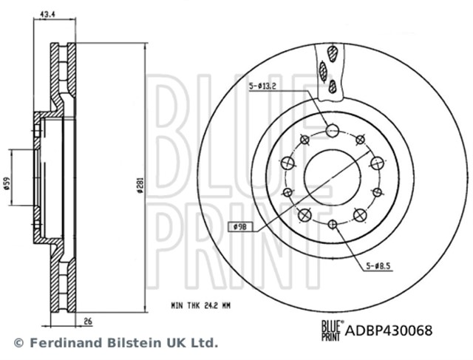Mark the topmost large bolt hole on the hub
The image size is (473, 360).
click(x=333, y=131)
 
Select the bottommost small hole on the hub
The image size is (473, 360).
click(x=333, y=224)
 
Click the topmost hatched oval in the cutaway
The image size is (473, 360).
click(x=333, y=54)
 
